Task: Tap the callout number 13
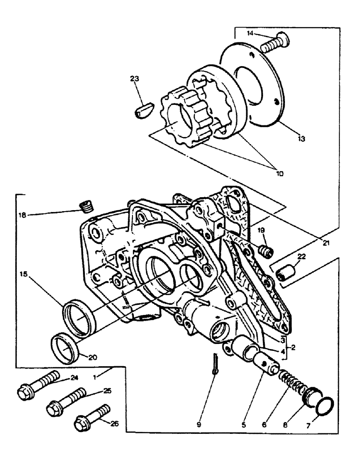coord(300,139)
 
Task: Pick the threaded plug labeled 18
coord(84,206)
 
